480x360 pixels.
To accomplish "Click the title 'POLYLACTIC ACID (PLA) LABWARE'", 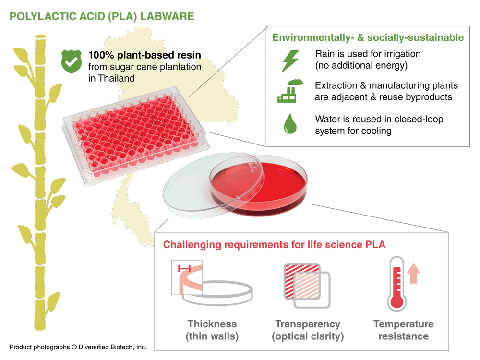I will click(x=102, y=16).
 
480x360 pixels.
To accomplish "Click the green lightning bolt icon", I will click(x=289, y=60).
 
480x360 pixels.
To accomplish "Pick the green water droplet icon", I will click(x=290, y=124).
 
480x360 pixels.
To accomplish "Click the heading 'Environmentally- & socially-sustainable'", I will click(x=368, y=37).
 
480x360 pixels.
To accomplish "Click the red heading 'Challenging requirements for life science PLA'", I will click(x=274, y=244).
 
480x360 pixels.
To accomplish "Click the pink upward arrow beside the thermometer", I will click(x=414, y=273).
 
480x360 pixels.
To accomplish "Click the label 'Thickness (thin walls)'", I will click(x=212, y=330).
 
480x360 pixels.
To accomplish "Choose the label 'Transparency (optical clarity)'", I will click(x=308, y=330).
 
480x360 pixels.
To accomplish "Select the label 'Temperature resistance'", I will click(x=403, y=330).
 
